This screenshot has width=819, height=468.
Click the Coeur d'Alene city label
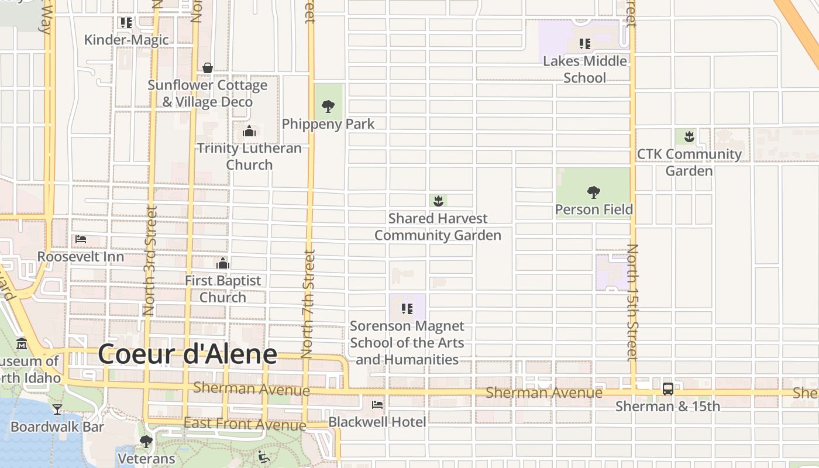pyautogui.click(x=187, y=355)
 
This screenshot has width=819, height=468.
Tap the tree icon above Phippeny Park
pyautogui.click(x=328, y=106)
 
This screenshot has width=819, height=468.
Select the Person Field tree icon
pyautogui.click(x=594, y=192)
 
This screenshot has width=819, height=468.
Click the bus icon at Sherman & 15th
pyautogui.click(x=667, y=389)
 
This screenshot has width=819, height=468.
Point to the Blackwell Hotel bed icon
pyautogui.click(x=377, y=404)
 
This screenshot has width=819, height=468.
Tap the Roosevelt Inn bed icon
pyautogui.click(x=81, y=239)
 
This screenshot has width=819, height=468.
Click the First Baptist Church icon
pyautogui.click(x=223, y=263)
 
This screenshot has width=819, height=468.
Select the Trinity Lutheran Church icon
pyautogui.click(x=249, y=131)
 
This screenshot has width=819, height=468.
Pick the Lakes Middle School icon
pyautogui.click(x=584, y=44)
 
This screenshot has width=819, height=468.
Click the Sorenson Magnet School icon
pyautogui.click(x=407, y=309)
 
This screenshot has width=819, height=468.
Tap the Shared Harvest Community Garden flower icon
pyautogui.click(x=438, y=201)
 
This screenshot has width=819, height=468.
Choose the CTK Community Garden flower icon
pyautogui.click(x=689, y=137)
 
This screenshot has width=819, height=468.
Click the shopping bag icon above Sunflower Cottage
pyautogui.click(x=208, y=68)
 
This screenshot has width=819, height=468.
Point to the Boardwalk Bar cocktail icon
pyautogui.click(x=57, y=409)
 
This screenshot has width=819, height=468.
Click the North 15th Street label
pyautogui.click(x=632, y=303)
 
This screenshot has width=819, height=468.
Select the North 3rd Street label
pyautogui.click(x=150, y=260)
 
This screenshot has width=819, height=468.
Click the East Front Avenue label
pyautogui.click(x=245, y=424)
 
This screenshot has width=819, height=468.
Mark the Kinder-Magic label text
pyautogui.click(x=126, y=40)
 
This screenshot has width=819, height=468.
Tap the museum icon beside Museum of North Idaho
pyautogui.click(x=22, y=343)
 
